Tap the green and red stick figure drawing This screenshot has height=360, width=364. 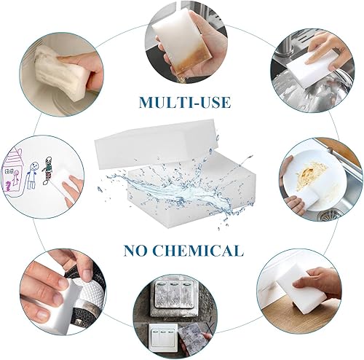tap(47, 171)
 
